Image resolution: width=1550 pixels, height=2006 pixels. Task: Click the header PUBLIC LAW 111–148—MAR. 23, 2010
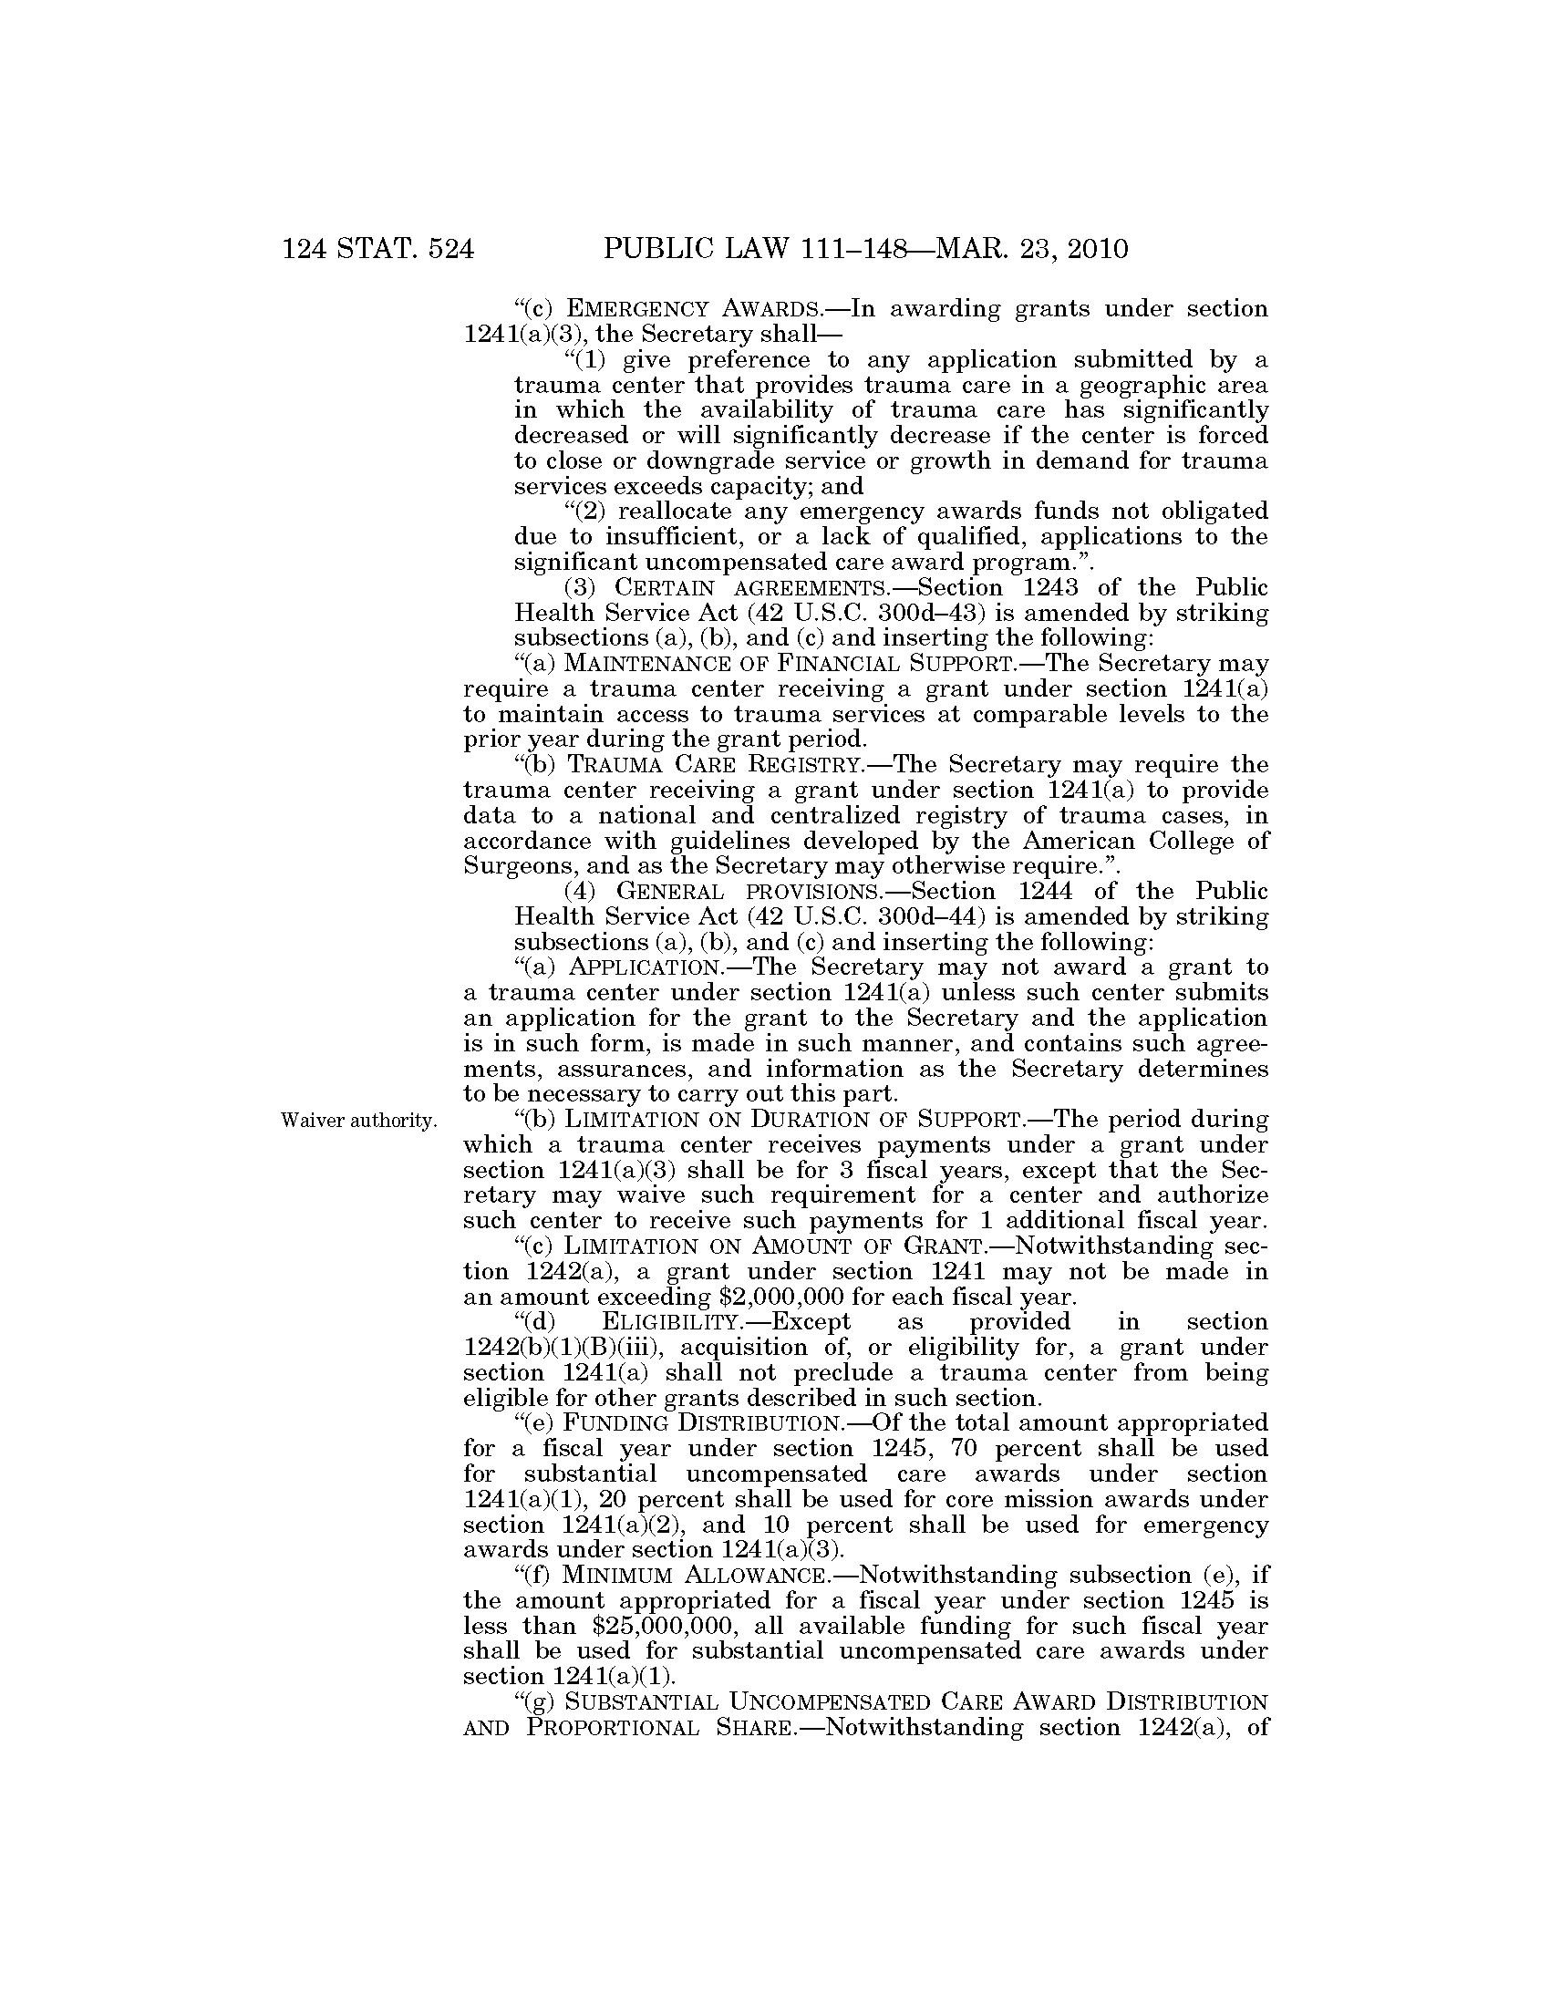coord(865,249)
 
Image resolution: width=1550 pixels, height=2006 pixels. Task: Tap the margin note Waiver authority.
coord(358,1121)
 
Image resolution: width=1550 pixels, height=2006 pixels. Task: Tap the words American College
coord(1122,842)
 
